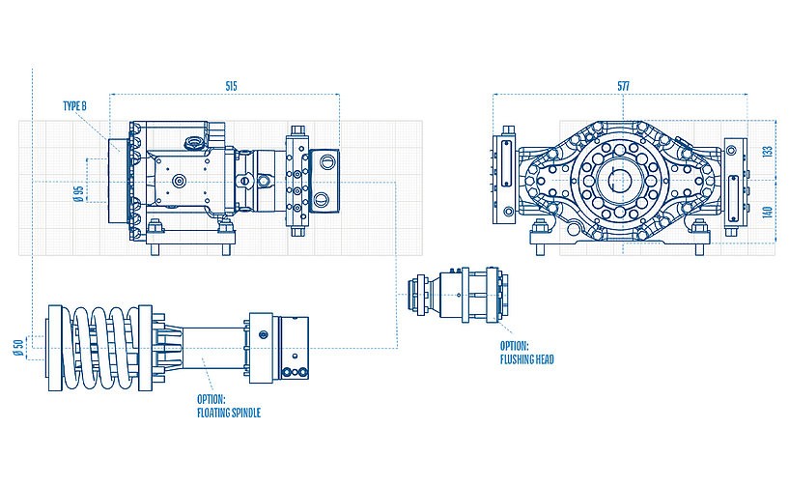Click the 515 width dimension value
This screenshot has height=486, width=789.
(x=231, y=87)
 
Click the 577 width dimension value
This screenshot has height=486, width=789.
(x=623, y=87)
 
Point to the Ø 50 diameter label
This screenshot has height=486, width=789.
(x=19, y=348)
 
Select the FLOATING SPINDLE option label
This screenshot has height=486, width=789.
(x=228, y=405)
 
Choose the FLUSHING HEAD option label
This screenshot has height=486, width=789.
(x=526, y=353)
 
